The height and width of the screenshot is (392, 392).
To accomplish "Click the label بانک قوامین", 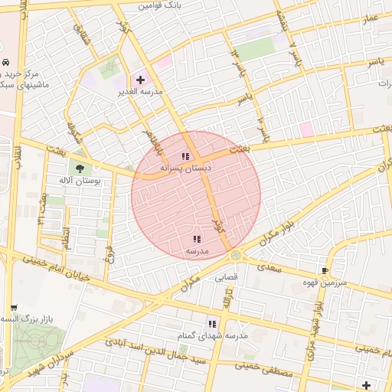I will pyautogui.click(x=162, y=5).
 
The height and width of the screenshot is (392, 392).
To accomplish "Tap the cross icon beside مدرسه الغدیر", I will pyautogui.click(x=139, y=80).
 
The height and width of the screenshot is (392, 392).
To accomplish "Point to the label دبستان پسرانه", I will pyautogui.click(x=185, y=167).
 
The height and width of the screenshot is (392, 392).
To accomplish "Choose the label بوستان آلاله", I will pyautogui.click(x=80, y=180).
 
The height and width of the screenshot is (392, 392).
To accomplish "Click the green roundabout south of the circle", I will pyautogui.click(x=236, y=255).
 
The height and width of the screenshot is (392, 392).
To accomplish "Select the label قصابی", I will pyautogui.click(x=225, y=277).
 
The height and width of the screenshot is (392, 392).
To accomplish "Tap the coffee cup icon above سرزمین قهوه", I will pyautogui.click(x=325, y=270).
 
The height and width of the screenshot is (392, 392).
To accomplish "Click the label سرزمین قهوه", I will pyautogui.click(x=325, y=282).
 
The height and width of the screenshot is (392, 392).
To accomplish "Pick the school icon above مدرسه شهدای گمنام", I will pyautogui.click(x=212, y=324).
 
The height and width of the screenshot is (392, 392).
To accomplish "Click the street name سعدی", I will pyautogui.click(x=270, y=268).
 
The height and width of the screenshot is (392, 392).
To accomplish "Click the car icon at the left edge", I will pyautogui.click(x=6, y=61).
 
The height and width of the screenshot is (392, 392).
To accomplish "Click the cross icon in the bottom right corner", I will pyautogui.click(x=366, y=384).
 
